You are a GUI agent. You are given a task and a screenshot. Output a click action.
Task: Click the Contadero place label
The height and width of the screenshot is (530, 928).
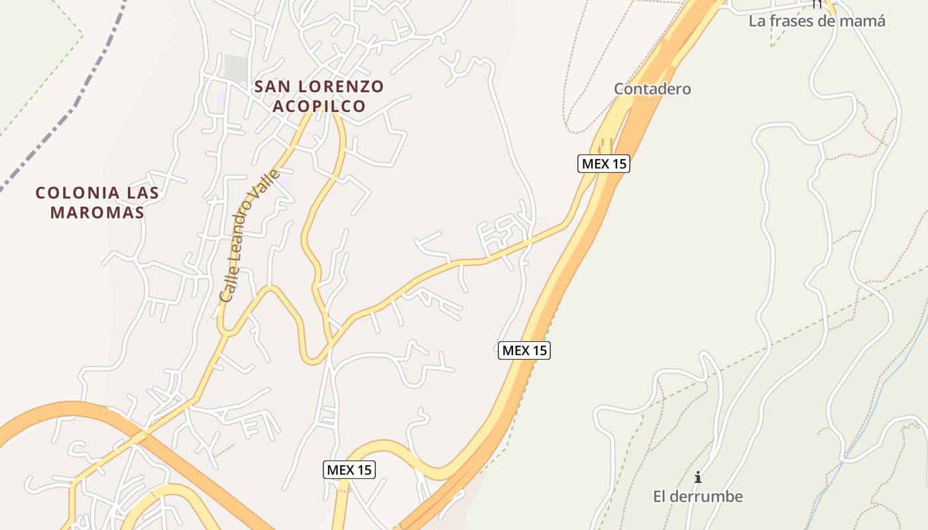click(652, 89)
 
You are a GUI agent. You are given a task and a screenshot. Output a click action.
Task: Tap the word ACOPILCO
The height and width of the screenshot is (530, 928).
click(319, 106)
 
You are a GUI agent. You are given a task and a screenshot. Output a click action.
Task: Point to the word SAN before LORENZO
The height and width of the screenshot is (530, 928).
click(272, 86)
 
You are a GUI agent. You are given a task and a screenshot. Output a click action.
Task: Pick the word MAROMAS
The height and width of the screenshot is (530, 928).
click(97, 213)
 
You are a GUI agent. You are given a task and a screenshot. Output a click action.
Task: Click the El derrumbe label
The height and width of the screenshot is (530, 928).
click(697, 496)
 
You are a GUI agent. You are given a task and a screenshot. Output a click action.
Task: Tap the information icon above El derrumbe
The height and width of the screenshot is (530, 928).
click(697, 477)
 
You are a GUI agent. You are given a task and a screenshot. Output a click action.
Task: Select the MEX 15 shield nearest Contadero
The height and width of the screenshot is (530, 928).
click(604, 164)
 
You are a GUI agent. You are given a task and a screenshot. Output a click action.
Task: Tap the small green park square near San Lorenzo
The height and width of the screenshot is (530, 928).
click(235, 68)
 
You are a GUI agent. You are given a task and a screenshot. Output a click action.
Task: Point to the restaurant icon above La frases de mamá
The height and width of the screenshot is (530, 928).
click(817, 4)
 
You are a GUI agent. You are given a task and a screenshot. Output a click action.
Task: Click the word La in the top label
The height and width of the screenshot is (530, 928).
click(757, 21)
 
